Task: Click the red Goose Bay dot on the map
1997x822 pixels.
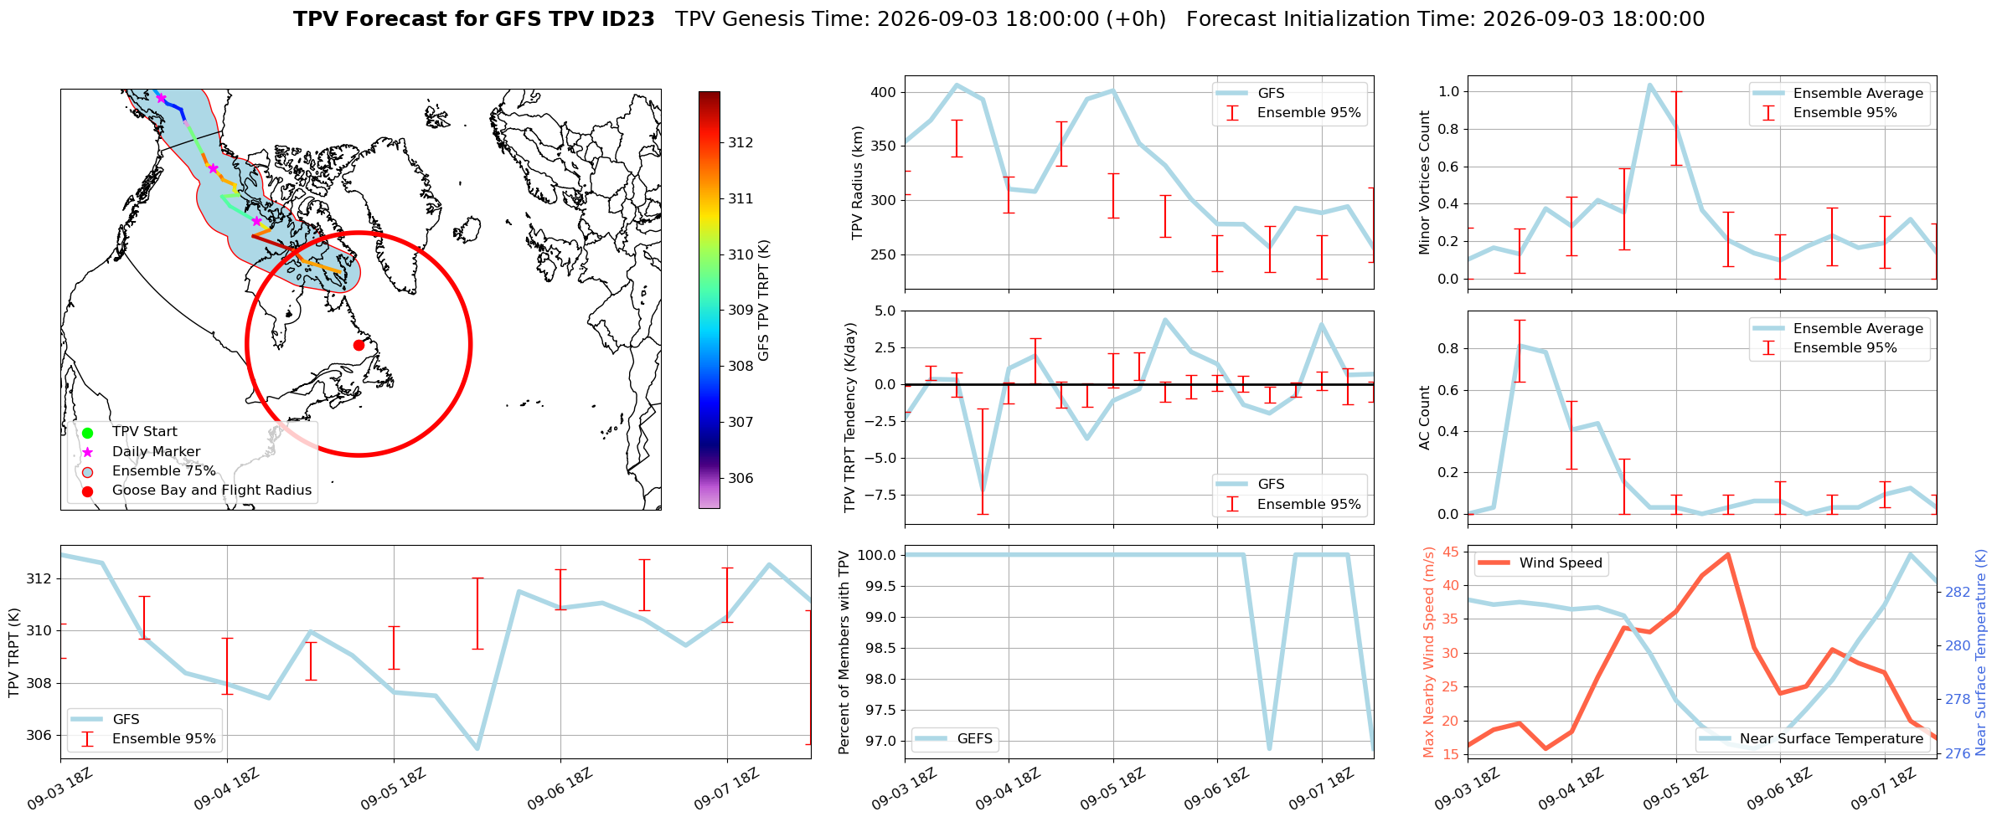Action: click(x=359, y=345)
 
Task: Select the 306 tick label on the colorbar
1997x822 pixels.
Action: click(x=740, y=478)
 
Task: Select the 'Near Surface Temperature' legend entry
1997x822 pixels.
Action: click(x=1812, y=738)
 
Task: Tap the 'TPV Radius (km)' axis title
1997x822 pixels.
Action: click(x=857, y=182)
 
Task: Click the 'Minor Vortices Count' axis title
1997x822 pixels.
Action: click(x=1425, y=182)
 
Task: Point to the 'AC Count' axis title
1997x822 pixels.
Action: click(x=1425, y=418)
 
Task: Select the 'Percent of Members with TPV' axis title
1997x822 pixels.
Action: click(x=844, y=652)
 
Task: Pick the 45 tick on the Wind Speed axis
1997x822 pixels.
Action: click(x=1451, y=552)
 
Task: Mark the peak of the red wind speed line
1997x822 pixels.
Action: click(x=1727, y=554)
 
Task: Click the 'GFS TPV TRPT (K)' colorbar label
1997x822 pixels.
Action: click(x=764, y=301)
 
